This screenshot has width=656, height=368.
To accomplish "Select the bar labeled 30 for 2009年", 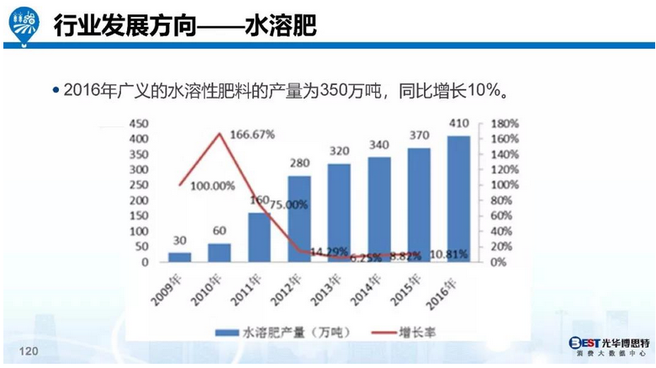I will click(x=180, y=256).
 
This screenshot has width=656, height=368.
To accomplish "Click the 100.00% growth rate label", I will click(x=212, y=185).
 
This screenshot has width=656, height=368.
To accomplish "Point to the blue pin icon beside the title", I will click(x=25, y=25).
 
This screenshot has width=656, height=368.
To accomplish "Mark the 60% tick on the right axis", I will click(x=500, y=216).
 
